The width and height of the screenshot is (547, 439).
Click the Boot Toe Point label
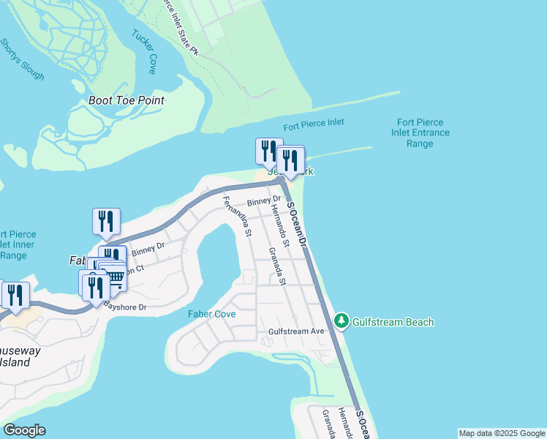pyautogui.click(x=126, y=100)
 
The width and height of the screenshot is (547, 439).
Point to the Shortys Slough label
pyautogui.click(x=22, y=59)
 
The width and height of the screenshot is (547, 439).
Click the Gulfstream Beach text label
pyautogui.click(x=393, y=322)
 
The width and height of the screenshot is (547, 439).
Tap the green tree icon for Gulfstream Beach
pyautogui.click(x=341, y=321)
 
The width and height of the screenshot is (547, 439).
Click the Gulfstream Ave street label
pyautogui.click(x=296, y=331)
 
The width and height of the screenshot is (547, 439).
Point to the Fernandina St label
pyautogui.click(x=237, y=217)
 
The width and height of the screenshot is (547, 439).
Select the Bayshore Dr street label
pyautogui.click(x=125, y=307)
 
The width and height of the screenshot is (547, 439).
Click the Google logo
pyautogui.click(x=24, y=430)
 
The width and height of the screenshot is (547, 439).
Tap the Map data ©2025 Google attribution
pyautogui.click(x=502, y=433)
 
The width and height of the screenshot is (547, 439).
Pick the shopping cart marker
pyautogui.click(x=116, y=277)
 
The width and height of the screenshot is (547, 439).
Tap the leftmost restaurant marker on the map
pyautogui.click(x=15, y=294)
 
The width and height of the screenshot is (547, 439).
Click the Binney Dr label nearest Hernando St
pyautogui.click(x=264, y=201)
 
